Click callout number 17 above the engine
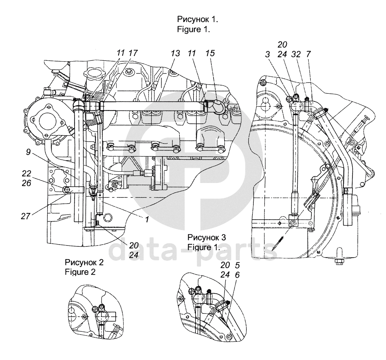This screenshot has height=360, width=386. click(133, 53)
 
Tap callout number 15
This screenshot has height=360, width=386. click(210, 53)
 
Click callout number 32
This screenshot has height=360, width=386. click(296, 55)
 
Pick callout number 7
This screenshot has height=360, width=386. click(308, 55)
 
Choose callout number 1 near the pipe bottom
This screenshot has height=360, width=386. click(146, 219)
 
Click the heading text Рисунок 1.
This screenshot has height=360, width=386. click(198, 19)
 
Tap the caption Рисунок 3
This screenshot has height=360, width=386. click(207, 237)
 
